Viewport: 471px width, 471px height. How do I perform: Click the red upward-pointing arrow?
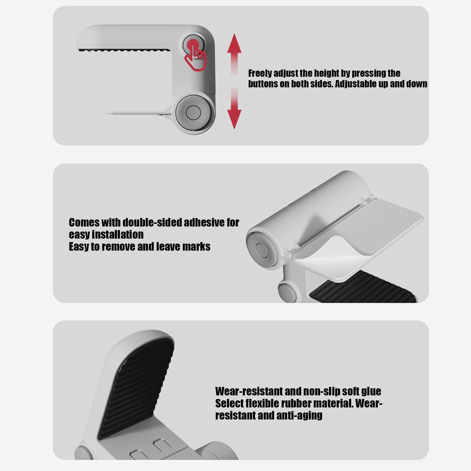234,54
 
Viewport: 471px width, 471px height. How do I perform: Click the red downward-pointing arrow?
234,108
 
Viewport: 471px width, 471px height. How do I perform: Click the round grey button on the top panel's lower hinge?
193,112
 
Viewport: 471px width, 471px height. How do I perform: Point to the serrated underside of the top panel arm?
124,50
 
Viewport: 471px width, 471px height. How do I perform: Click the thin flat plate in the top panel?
135,113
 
